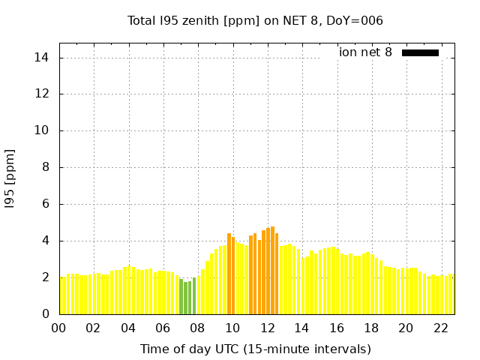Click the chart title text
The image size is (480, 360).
[255, 21]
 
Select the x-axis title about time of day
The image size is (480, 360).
[255, 349]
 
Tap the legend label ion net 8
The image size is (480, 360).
[365, 52]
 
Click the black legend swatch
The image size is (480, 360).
[420, 52]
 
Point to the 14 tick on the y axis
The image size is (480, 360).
[43, 58]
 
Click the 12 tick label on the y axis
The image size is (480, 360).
[43, 94]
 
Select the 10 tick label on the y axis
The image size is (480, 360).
[43, 130]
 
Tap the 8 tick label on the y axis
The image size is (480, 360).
[46, 167]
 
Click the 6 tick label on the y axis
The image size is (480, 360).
[46, 204]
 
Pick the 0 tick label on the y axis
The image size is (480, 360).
[46, 314]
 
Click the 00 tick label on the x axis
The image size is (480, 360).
[59, 328]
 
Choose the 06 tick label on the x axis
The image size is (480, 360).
[163, 328]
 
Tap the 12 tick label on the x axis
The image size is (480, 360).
[267, 328]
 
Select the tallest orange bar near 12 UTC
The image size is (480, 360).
[272, 270]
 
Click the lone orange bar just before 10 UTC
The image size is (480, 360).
[229, 274]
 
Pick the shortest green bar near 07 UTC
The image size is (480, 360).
[185, 298]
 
